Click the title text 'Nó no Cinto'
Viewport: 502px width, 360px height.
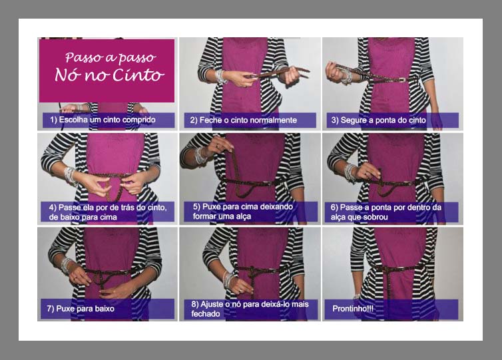(109, 75)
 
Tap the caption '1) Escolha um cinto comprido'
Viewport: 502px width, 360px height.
(103, 120)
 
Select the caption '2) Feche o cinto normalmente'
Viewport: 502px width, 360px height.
(244, 120)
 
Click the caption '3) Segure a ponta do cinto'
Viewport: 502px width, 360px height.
(378, 120)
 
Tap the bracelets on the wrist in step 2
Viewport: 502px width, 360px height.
(220, 77)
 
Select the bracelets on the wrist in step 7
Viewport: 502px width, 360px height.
(67, 266)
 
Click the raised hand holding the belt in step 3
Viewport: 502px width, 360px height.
(335, 71)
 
